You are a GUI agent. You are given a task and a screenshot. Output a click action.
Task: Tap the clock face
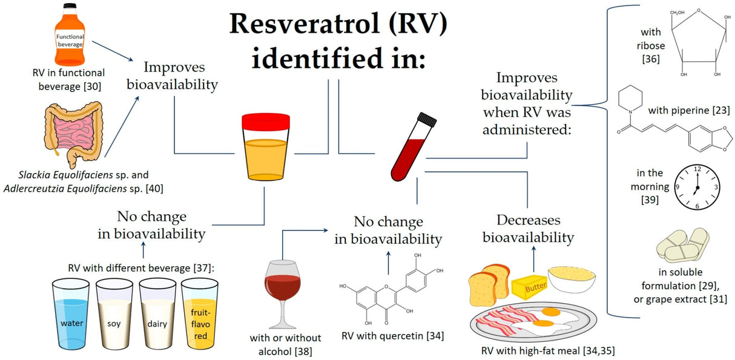(696, 187)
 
